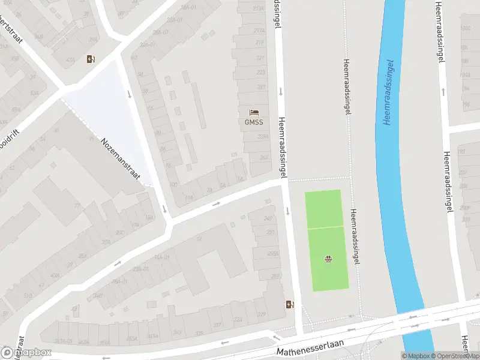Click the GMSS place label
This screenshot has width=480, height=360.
253,122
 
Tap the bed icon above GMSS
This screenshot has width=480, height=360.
254,112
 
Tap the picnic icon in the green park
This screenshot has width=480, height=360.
329,259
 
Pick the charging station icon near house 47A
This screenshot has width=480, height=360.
91,58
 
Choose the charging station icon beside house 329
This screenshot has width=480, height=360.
290,304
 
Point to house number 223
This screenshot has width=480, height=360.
260,72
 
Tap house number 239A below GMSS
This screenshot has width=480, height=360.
263,137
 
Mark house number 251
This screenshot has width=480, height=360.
271,232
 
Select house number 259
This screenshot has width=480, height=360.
275,276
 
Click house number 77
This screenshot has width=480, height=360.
77,205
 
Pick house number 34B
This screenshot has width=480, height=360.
98,295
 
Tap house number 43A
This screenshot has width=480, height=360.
55,275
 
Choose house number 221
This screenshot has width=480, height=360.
260,58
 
